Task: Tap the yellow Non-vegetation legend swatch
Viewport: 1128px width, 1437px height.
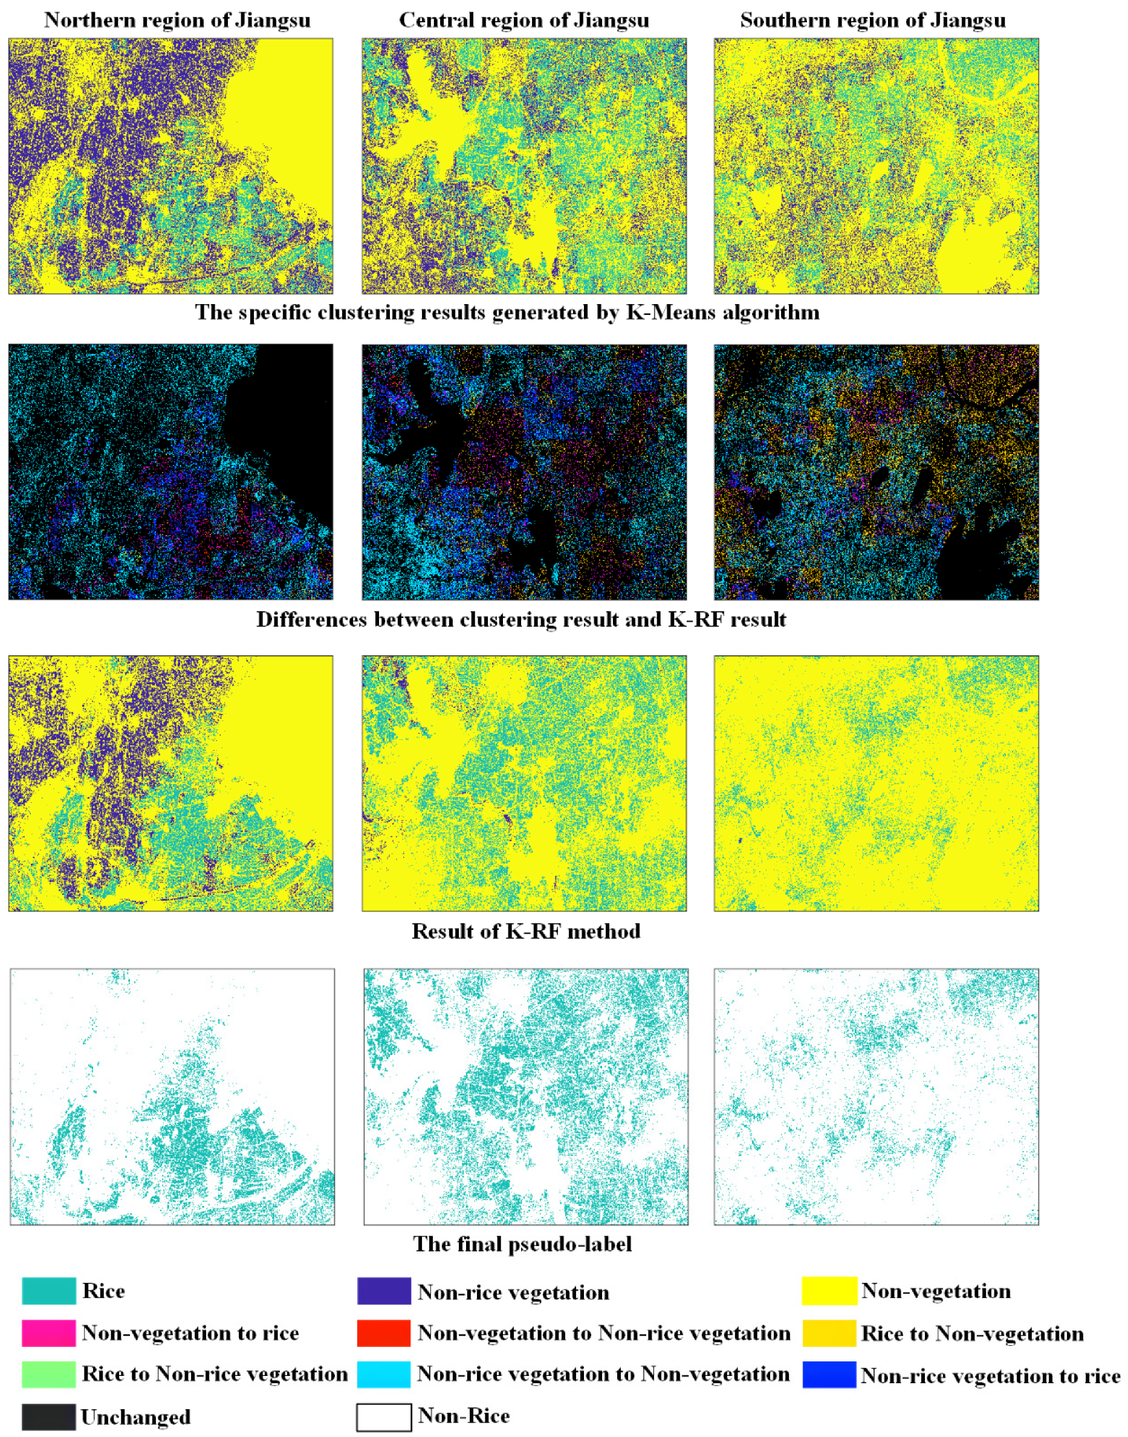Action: pos(829,1291)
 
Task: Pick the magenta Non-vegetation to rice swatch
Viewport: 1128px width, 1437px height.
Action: pos(48,1333)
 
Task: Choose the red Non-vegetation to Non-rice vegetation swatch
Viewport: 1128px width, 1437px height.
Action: pos(384,1333)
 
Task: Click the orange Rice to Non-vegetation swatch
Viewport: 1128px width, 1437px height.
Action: pos(829,1333)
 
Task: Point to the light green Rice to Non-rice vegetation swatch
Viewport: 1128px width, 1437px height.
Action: pos(48,1374)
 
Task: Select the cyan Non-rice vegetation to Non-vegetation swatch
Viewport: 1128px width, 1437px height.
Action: pos(384,1374)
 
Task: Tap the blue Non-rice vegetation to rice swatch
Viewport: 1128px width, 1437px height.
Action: pos(829,1375)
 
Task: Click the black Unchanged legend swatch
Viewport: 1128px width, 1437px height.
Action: pos(48,1416)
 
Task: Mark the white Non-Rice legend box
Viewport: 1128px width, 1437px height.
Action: pos(384,1417)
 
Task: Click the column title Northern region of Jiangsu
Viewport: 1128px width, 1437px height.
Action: pos(177,21)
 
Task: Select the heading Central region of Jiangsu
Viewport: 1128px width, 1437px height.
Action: pos(523,21)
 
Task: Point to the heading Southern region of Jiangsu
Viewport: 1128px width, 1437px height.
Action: pos(872,21)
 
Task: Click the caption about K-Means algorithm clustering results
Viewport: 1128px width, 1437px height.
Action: pos(507,313)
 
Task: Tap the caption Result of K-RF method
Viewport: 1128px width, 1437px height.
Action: pos(526,931)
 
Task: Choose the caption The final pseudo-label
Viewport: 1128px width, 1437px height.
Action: pos(522,1244)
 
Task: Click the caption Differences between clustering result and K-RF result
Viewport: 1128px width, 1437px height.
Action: pos(521,620)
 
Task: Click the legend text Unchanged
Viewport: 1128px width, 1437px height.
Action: pos(135,1417)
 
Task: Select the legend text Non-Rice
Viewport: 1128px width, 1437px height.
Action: pos(464,1416)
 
